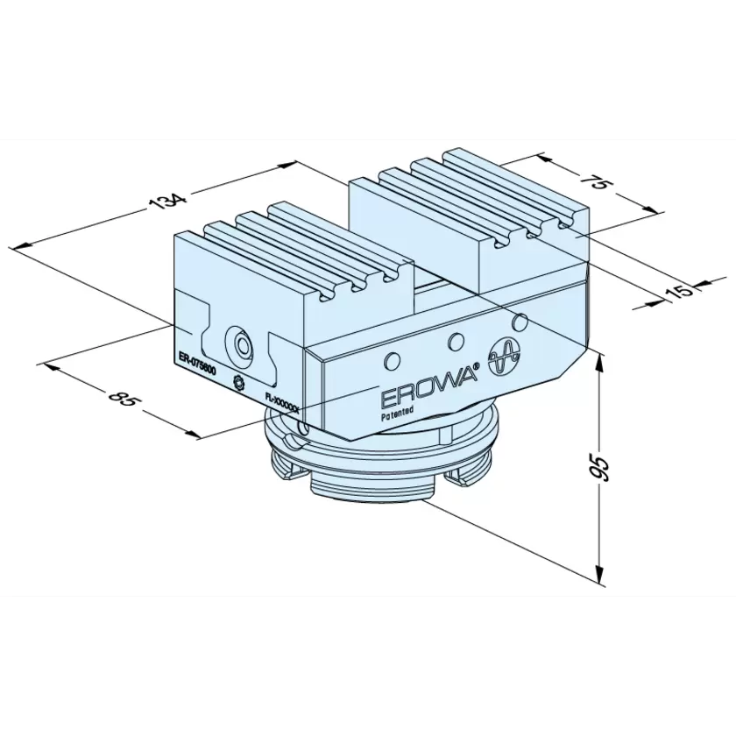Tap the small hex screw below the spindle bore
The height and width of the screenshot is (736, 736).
pyautogui.click(x=238, y=380)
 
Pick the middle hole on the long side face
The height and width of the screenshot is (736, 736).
pyautogui.click(x=455, y=341)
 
